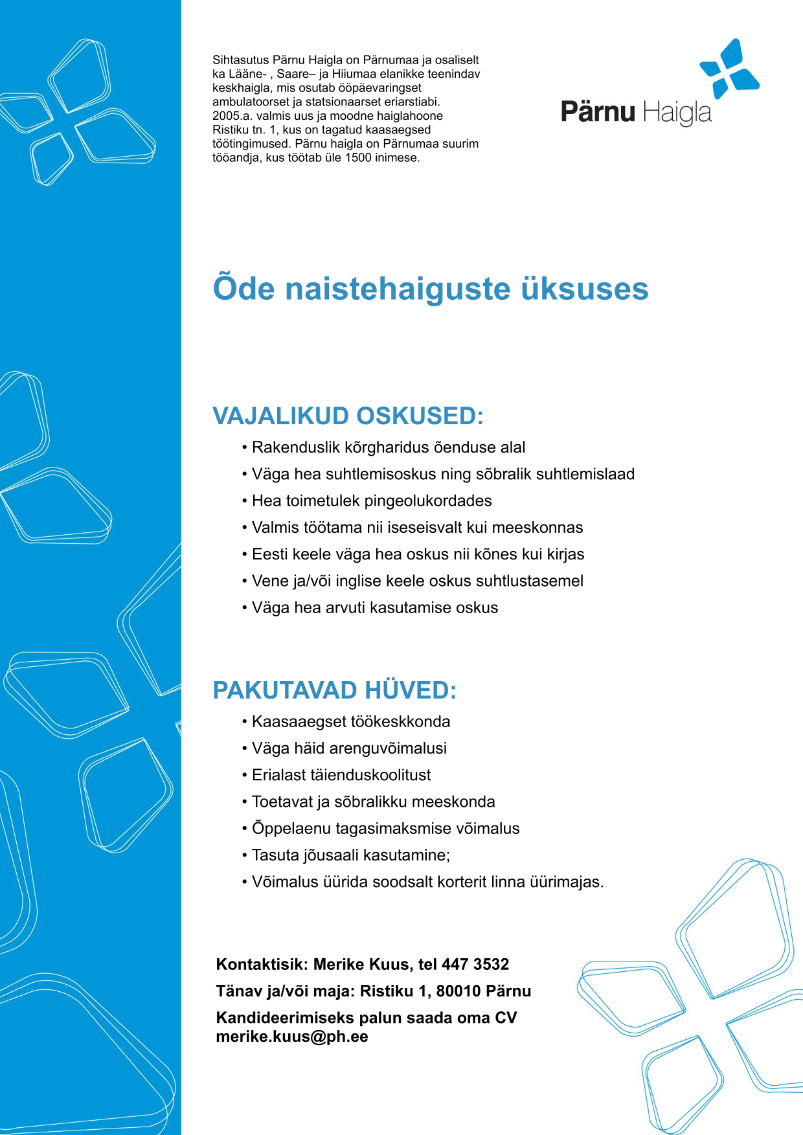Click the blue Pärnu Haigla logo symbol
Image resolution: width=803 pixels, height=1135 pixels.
point(730,69)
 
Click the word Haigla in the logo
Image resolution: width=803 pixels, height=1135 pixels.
point(677,113)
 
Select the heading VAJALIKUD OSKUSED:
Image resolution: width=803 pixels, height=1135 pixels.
point(348,416)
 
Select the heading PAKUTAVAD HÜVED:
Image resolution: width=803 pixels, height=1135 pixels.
point(334,690)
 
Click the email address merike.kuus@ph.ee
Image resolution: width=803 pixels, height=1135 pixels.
point(292,1036)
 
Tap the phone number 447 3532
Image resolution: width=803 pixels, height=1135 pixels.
point(475,964)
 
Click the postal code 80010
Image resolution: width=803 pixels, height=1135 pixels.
point(458,991)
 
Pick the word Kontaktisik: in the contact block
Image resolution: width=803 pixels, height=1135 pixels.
point(262,964)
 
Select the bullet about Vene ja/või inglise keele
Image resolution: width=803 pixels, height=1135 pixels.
point(417,581)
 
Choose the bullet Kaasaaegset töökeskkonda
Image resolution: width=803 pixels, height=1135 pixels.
point(350,721)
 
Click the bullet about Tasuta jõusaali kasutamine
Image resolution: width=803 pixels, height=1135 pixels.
point(350,855)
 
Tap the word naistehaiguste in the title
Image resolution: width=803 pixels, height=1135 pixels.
point(398,289)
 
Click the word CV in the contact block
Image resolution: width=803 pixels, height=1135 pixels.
point(506,1017)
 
